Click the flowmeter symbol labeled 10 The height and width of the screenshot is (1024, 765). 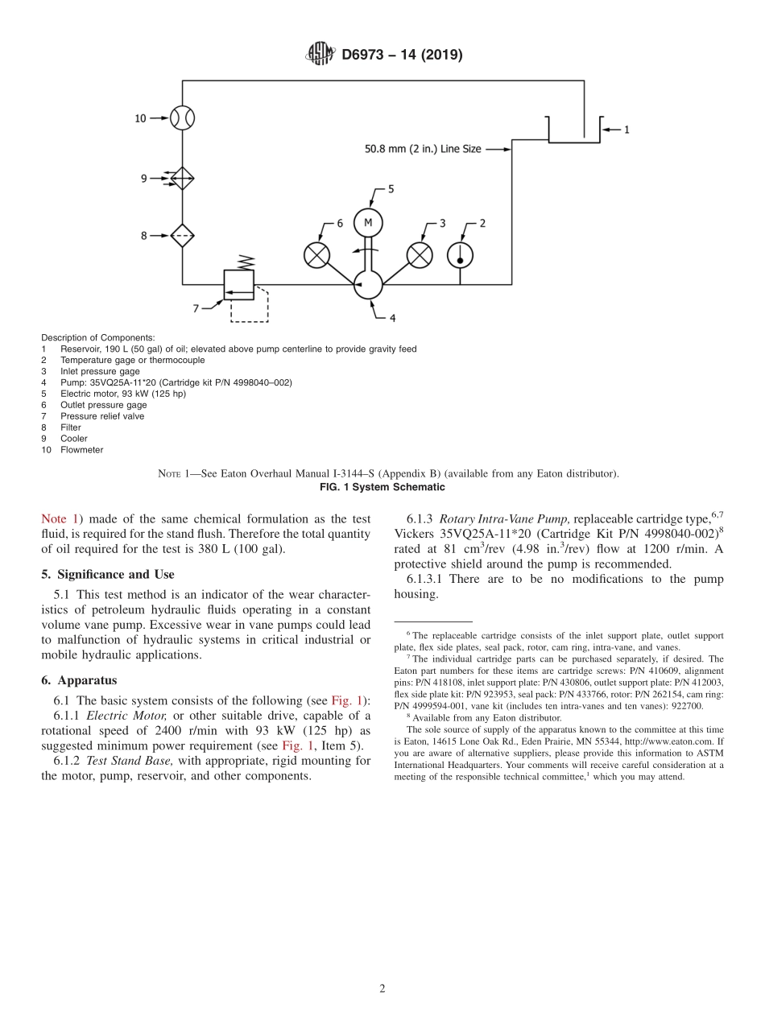[x=183, y=118]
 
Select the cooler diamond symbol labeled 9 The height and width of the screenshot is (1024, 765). [x=183, y=178]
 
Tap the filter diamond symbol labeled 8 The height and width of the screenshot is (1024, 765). [x=183, y=235]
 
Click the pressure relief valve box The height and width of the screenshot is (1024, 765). [x=238, y=284]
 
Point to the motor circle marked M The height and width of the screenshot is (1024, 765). [x=368, y=223]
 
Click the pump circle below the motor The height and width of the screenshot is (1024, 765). [x=368, y=284]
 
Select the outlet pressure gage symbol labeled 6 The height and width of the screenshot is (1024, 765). [x=316, y=255]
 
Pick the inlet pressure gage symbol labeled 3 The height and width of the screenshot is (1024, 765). [x=419, y=255]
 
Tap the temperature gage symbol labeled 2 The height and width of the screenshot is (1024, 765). [x=460, y=254]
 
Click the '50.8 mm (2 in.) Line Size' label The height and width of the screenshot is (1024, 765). [x=423, y=149]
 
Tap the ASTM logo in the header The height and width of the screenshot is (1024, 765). [x=320, y=55]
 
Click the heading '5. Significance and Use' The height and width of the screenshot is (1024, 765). [x=108, y=574]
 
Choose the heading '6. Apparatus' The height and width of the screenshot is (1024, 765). [x=79, y=680]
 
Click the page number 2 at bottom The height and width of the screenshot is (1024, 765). [x=382, y=989]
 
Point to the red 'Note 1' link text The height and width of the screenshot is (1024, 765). [x=60, y=519]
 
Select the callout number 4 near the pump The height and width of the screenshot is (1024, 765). [x=392, y=319]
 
